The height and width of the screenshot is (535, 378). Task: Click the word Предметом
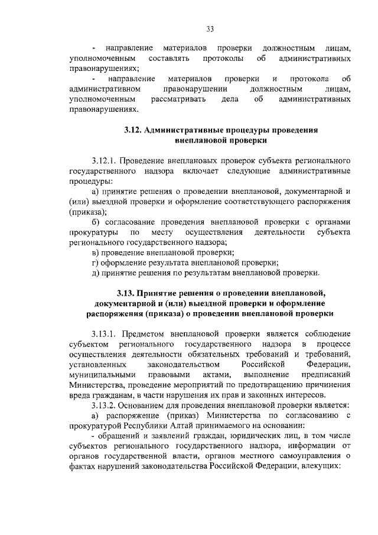142,333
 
